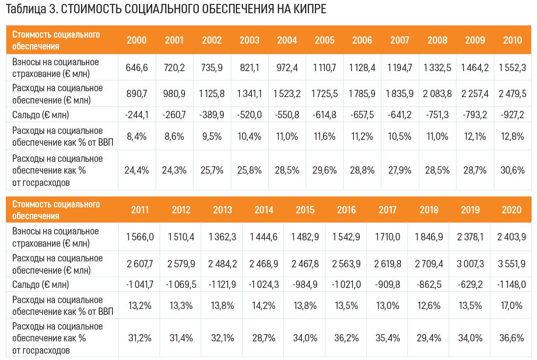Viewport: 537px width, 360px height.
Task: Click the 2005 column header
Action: point(324,40)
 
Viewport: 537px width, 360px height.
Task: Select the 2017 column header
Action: point(388,210)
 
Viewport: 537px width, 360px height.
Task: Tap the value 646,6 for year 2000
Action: point(137,68)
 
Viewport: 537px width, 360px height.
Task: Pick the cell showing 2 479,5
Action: point(512,94)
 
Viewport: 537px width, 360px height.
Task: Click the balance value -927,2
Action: point(512,115)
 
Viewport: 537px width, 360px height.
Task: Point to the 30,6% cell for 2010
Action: point(512,170)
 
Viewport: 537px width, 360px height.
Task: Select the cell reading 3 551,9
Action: point(512,264)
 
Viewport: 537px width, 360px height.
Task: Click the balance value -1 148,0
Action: point(512,284)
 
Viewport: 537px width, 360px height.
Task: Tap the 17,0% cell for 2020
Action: point(512,306)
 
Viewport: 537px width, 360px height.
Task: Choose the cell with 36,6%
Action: point(512,338)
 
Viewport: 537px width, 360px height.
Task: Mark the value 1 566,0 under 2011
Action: point(140,237)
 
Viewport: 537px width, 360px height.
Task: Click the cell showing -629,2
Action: point(470,284)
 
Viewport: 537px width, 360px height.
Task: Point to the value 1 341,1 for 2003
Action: point(250,94)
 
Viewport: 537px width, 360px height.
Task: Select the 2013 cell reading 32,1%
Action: point(222,338)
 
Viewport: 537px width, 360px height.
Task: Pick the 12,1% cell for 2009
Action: point(475,136)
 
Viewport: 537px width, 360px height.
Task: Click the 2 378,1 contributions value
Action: point(470,237)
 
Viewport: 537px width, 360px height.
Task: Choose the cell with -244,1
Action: point(137,115)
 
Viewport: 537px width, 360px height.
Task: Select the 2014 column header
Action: point(264,210)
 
